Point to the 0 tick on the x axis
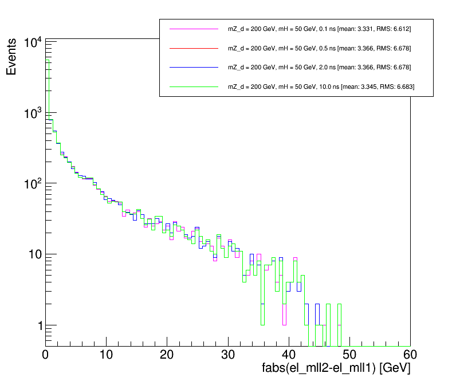(46, 355)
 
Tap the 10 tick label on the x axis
(106, 355)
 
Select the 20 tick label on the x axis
(167, 355)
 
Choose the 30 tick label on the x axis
(228, 355)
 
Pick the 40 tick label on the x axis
(289, 355)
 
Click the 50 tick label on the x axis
(349, 355)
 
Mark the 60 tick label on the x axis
(410, 355)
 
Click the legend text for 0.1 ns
(319, 29)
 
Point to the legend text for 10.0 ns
(321, 87)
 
